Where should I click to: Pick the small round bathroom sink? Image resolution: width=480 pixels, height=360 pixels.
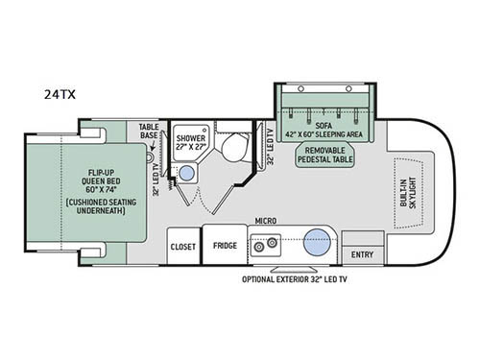click(189, 174)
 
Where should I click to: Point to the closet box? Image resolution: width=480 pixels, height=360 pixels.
click(182, 246)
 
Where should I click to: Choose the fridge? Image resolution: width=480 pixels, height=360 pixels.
click(225, 246)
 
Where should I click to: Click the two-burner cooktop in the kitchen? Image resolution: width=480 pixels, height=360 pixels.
click(264, 246)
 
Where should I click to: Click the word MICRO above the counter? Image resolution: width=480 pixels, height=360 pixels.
click(266, 220)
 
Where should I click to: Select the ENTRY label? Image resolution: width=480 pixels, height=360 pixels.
click(363, 254)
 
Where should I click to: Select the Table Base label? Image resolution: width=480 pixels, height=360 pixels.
click(148, 132)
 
